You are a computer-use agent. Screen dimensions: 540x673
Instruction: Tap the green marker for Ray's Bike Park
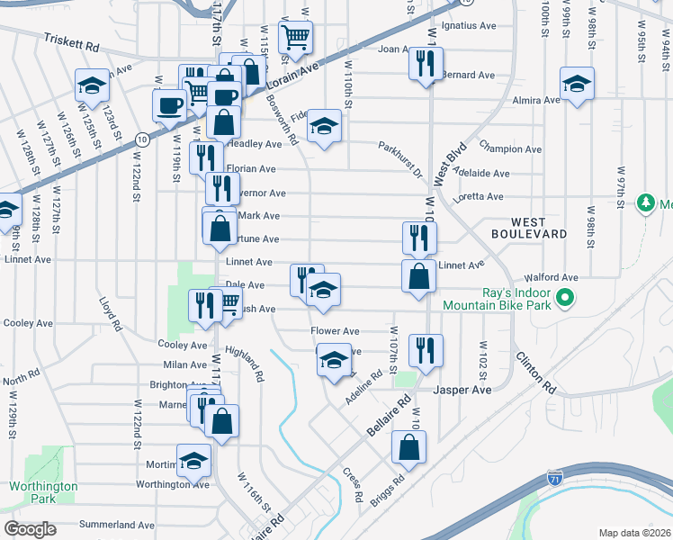tap(564, 297)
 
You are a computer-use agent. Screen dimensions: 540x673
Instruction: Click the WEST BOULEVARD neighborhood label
tap(540, 227)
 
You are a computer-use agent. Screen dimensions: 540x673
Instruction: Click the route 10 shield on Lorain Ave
tap(142, 139)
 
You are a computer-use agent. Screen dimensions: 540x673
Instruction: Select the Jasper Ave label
tap(462, 391)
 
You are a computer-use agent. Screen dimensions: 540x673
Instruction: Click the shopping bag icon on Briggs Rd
tap(408, 446)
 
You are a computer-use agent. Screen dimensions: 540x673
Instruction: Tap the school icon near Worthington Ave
tap(193, 462)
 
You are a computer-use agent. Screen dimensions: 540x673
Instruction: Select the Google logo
tap(30, 529)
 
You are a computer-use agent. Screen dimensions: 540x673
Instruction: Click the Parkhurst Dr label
tap(399, 158)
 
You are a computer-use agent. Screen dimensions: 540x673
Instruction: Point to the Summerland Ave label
tap(117, 525)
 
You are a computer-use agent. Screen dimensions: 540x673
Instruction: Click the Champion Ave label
tap(510, 148)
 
